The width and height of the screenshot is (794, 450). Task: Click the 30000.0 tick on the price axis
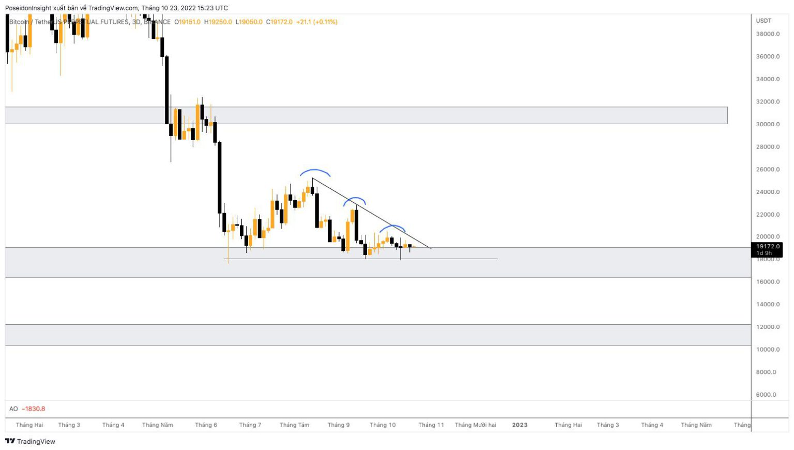(x=768, y=124)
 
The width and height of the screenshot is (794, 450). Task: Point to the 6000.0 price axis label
(x=766, y=395)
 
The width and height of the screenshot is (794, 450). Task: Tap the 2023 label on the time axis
(x=520, y=425)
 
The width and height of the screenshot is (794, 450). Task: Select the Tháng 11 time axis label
(x=431, y=425)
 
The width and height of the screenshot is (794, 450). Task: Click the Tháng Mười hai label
(x=475, y=425)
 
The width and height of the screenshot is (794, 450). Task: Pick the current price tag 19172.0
(x=767, y=247)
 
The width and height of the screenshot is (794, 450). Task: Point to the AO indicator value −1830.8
(x=34, y=409)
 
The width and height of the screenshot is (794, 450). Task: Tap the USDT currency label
(x=764, y=21)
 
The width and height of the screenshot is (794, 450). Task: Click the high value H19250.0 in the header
(x=218, y=22)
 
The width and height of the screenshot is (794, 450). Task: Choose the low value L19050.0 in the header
(x=249, y=22)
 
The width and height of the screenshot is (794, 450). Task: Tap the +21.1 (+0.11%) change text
(x=316, y=22)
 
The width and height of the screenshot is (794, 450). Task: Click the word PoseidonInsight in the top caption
(x=28, y=8)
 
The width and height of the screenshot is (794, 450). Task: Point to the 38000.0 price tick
(x=768, y=34)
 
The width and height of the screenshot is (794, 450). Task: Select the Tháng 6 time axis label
(x=206, y=425)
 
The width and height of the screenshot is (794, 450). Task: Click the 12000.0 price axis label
(x=768, y=327)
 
